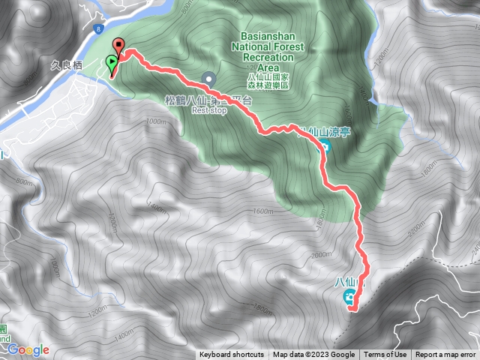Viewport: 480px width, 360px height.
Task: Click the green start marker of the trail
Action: tap(112, 62)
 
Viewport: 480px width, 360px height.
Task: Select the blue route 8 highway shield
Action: tap(99, 29)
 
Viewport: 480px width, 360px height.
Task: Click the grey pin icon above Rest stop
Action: tap(208, 77)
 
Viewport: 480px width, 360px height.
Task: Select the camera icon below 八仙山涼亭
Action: tap(326, 146)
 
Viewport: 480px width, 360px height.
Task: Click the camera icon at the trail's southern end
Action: tap(349, 300)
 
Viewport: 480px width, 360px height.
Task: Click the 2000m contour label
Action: tap(321, 255)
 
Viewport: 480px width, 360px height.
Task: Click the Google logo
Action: tap(28, 350)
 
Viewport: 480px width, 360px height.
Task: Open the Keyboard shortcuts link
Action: tap(232, 355)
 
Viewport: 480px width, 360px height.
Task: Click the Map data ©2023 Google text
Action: tap(314, 355)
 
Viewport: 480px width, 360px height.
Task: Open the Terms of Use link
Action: tap(385, 355)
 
